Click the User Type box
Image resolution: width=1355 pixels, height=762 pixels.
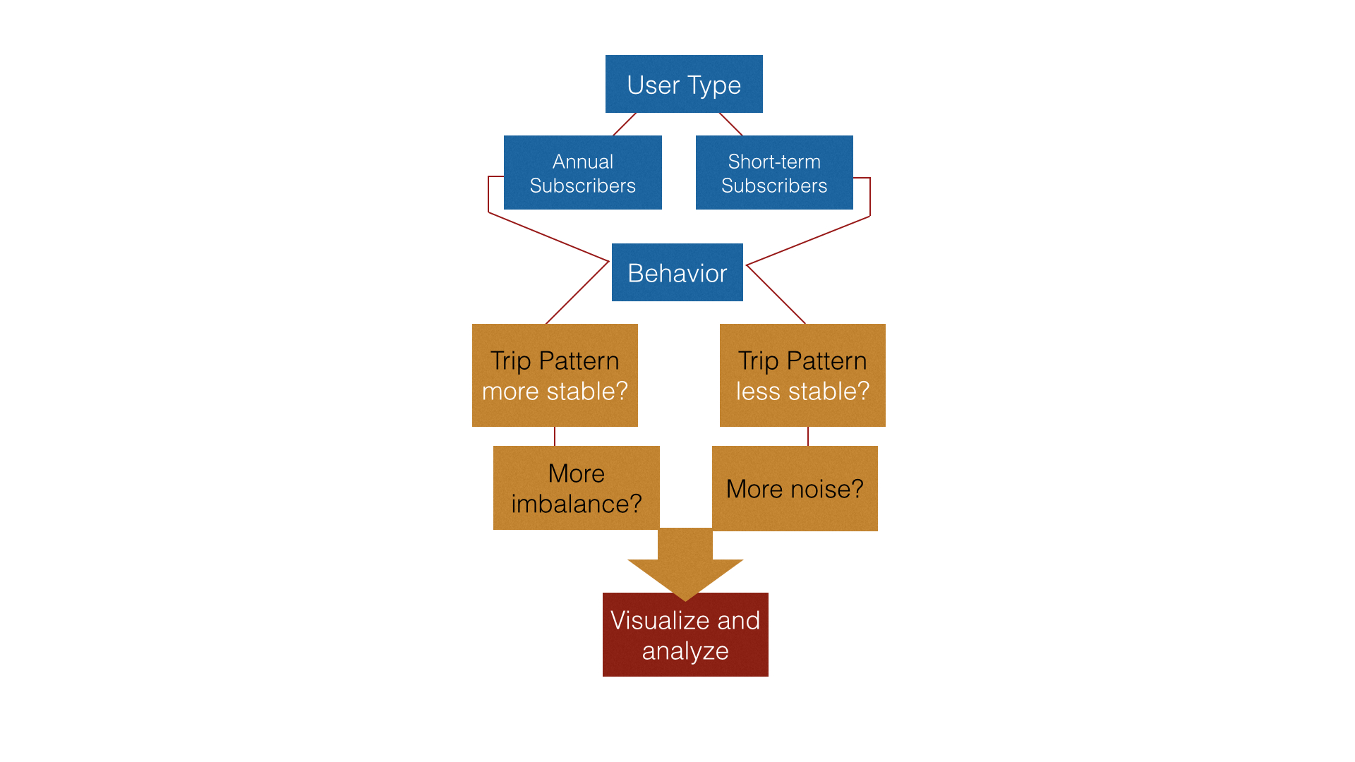pos(684,84)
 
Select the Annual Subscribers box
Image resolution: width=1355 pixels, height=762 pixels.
pos(583,172)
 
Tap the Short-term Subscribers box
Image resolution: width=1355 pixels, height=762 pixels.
pos(774,172)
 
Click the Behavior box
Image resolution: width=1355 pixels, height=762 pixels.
pos(677,272)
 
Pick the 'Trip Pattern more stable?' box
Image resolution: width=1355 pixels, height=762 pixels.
pos(555,375)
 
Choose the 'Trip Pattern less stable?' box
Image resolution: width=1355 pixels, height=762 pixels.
pos(802,375)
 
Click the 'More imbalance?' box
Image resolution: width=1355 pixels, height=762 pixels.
pos(576,488)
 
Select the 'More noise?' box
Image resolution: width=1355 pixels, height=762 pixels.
pos(795,488)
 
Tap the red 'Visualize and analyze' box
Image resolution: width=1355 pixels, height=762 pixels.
pos(685,634)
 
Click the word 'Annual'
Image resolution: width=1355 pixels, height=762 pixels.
pos(583,162)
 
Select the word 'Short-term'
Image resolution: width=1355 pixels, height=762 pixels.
pos(774,162)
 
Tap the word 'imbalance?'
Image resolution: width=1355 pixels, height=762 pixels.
pos(577,504)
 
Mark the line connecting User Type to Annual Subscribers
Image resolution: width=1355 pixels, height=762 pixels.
pos(625,124)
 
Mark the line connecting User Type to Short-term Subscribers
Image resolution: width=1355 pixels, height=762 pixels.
pos(731,124)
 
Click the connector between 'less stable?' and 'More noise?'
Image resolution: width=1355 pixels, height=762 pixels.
pos(808,436)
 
